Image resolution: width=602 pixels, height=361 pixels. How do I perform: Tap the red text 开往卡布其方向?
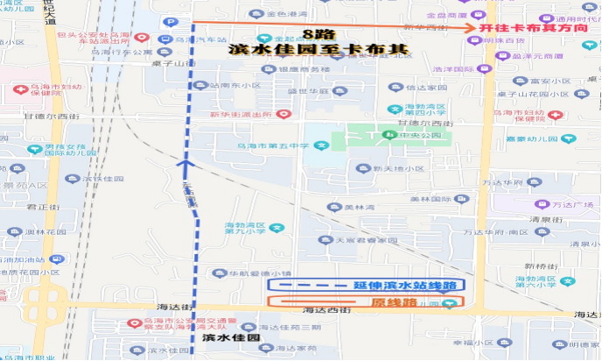pyautogui.click(x=530, y=28)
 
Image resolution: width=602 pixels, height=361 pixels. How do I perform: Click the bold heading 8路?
pyautogui.click(x=308, y=34)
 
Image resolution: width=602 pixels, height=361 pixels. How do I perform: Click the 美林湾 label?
pyautogui.click(x=359, y=207)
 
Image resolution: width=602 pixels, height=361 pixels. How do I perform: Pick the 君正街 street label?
pyautogui.click(x=41, y=208)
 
